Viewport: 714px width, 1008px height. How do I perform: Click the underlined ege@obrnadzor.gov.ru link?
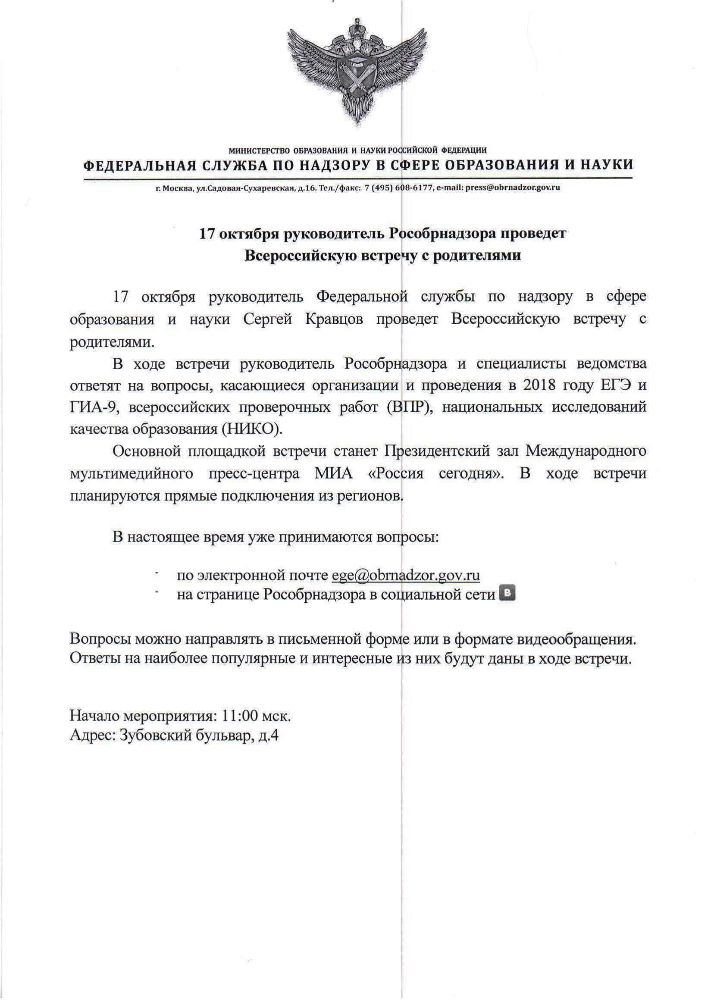[405, 575]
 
